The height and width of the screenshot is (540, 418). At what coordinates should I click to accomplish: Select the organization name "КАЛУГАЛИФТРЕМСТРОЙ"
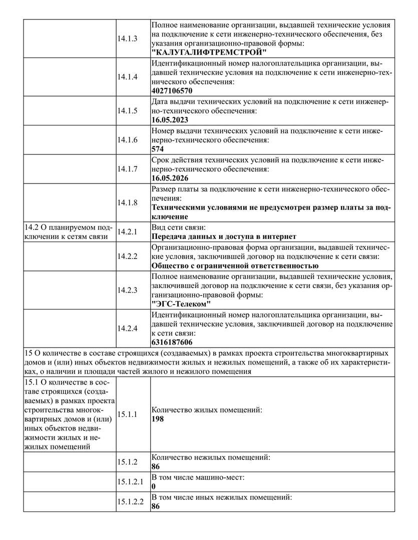coord(209,52)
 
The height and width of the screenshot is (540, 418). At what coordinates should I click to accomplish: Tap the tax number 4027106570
coord(172,91)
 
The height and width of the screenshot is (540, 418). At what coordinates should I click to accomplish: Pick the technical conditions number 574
coord(158,149)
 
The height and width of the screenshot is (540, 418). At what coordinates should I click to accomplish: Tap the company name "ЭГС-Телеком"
coord(181,304)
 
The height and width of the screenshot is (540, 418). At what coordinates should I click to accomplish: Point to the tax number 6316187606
coord(172,342)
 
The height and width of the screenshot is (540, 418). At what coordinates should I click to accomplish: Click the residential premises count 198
coord(158,419)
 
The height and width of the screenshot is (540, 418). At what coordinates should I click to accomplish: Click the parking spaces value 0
coord(154,486)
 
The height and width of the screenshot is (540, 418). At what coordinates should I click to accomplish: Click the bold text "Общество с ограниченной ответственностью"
coord(234,265)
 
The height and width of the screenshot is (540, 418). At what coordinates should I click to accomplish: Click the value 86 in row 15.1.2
coord(156,466)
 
